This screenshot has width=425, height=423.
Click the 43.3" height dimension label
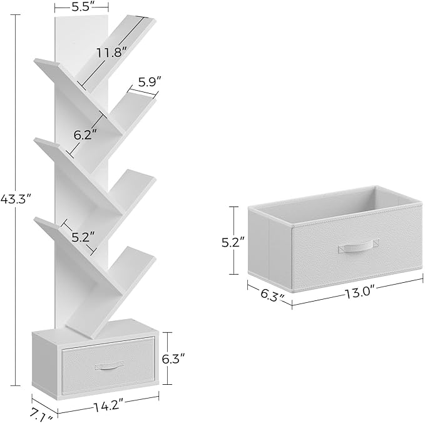click(x=16, y=200)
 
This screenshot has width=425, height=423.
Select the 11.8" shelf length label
click(x=112, y=53)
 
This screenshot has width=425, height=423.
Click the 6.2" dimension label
click(x=85, y=135)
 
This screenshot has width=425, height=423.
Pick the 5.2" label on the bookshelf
click(x=83, y=237)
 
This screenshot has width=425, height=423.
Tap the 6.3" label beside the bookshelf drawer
click(x=173, y=359)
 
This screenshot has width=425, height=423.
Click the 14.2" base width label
click(x=108, y=406)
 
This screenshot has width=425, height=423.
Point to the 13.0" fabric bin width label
click(x=360, y=293)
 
